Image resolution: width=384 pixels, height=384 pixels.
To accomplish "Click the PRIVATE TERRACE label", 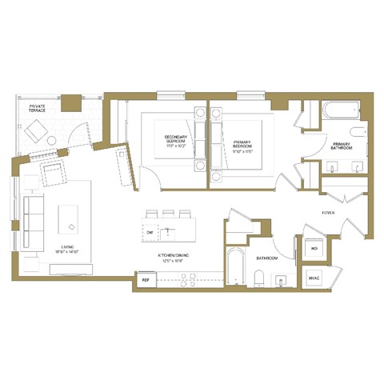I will (x=38, y=108).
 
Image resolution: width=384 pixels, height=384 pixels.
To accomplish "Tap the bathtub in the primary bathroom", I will (x=342, y=110).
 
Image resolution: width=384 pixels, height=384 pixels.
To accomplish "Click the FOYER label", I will (x=328, y=213).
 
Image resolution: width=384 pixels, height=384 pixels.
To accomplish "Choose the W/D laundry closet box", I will (x=314, y=249).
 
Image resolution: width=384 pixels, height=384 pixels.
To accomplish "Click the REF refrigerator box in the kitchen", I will (x=146, y=280).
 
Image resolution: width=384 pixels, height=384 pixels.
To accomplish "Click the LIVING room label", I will (x=57, y=249).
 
